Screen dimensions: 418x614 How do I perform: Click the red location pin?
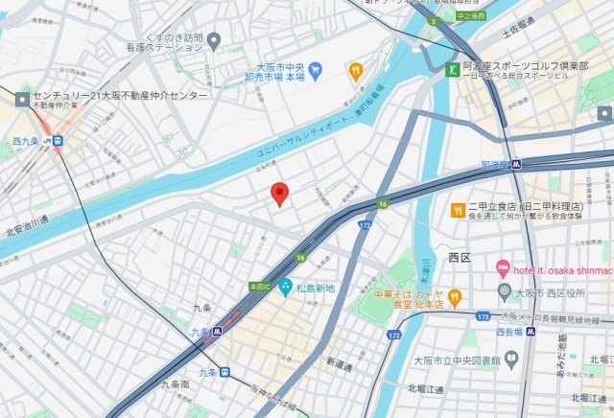point(279,193)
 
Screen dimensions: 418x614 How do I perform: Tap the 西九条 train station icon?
point(59,140)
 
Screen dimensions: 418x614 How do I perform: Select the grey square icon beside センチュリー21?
point(22,98)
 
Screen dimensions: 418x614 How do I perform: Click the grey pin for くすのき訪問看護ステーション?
point(214,41)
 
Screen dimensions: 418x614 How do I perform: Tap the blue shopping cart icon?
point(323,69)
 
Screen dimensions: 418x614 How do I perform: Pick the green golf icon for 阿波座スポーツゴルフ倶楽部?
point(452,68)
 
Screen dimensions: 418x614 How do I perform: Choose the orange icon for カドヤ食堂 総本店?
point(454,296)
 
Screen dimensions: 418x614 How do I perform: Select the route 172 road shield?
point(364,224)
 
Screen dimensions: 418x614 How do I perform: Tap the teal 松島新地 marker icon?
point(285,286)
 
